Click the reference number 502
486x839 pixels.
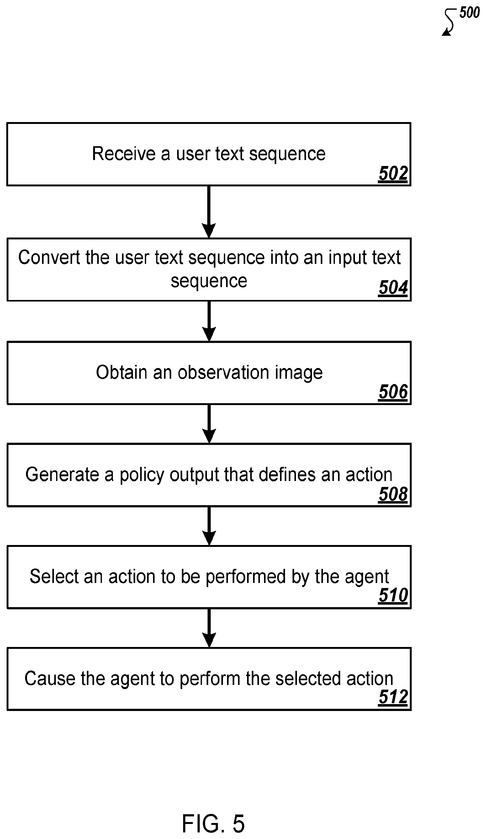pos(393,174)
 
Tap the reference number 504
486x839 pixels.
pos(393,288)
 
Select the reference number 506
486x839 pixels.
pos(393,392)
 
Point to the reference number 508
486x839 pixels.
pos(393,494)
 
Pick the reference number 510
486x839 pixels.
pos(393,596)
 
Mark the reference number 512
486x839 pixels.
pos(393,697)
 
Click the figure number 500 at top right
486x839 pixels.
pos(469,13)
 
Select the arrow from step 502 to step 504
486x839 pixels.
pos(209,212)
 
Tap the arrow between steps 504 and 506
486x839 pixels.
pos(209,321)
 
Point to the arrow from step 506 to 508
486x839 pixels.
pos(209,424)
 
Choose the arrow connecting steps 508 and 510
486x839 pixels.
pos(209,526)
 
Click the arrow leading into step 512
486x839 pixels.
pos(209,628)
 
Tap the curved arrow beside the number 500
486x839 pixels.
pos(450,21)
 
